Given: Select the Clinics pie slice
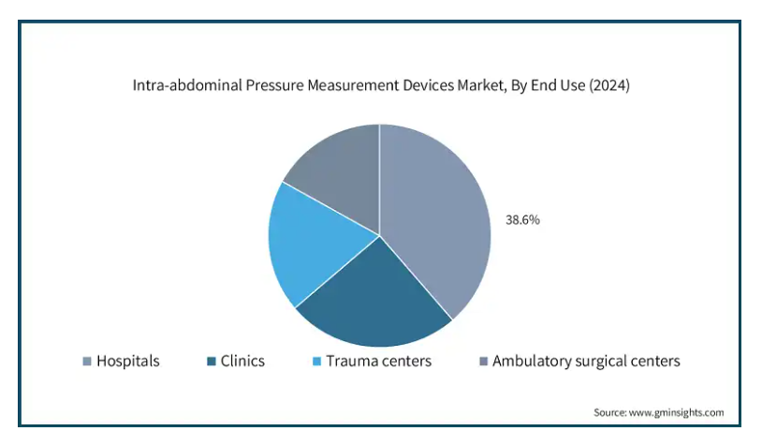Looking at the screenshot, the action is (375, 297).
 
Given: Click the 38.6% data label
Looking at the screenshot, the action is (522, 220).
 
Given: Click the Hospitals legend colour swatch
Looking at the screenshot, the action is (87, 361).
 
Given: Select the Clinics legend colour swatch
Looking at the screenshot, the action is (211, 361).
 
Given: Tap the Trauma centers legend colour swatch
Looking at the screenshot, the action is (316, 361).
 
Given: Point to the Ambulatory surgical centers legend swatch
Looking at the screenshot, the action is (483, 361).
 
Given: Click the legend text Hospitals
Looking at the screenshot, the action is (128, 361).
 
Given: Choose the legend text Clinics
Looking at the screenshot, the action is (242, 361).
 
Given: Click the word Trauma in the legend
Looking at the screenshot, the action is (350, 361).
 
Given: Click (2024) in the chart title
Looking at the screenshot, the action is (609, 85).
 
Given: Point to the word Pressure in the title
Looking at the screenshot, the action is (274, 85).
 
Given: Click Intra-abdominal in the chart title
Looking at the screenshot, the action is (187, 85).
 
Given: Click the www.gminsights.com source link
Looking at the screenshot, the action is (676, 412).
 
